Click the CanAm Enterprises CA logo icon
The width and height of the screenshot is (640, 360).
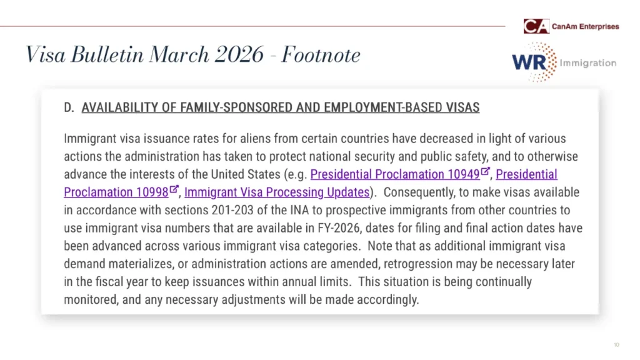click(536, 26)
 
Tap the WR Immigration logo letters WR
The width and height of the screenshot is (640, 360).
click(526, 62)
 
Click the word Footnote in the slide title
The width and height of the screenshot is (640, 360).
click(321, 55)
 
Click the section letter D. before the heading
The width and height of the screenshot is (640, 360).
click(69, 107)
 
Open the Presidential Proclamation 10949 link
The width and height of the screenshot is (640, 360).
click(395, 174)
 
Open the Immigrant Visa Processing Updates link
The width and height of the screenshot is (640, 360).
click(277, 192)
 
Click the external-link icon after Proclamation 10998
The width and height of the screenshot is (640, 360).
click(174, 189)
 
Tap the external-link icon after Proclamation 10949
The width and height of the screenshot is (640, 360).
click(486, 171)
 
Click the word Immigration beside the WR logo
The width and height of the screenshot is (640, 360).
click(587, 62)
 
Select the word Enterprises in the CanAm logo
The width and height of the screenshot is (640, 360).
click(599, 26)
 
